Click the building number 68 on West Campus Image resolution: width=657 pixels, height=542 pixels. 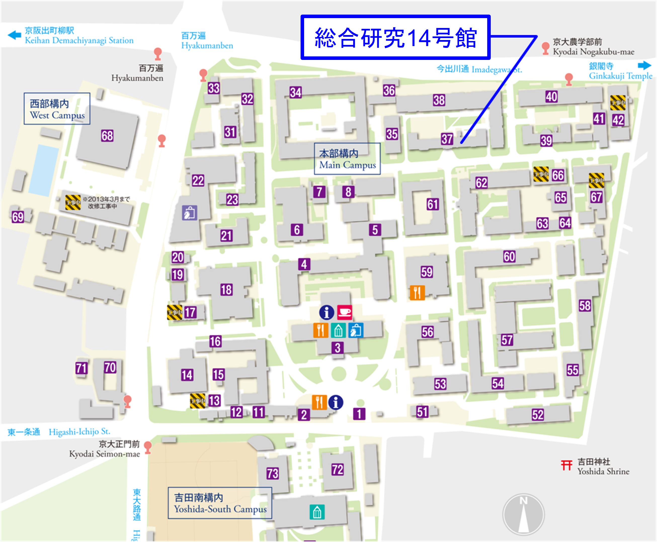pyautogui.click(x=107, y=136)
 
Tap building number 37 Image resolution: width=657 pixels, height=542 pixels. pyautogui.click(x=447, y=139)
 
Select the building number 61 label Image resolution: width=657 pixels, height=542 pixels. pyautogui.click(x=433, y=204)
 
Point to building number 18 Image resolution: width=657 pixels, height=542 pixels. pyautogui.click(x=226, y=290)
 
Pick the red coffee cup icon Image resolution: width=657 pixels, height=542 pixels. pyautogui.click(x=344, y=312)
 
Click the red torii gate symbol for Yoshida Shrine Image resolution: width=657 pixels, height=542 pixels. pyautogui.click(x=566, y=465)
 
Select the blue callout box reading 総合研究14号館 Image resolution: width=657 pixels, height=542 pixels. pyautogui.click(x=395, y=38)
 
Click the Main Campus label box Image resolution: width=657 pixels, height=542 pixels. pyautogui.click(x=347, y=159)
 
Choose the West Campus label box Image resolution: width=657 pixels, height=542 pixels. pyautogui.click(x=57, y=109)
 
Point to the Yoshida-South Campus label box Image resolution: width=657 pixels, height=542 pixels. pyautogui.click(x=220, y=503)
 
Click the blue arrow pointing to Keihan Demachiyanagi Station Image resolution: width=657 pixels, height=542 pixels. pyautogui.click(x=14, y=35)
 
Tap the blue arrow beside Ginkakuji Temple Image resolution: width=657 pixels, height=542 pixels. pyautogui.click(x=644, y=65)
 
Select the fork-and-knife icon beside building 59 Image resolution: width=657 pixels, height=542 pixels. pyautogui.click(x=417, y=293)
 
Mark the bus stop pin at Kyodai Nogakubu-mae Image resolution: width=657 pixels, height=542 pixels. pyautogui.click(x=545, y=48)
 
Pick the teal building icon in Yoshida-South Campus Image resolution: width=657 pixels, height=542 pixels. pyautogui.click(x=317, y=512)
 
